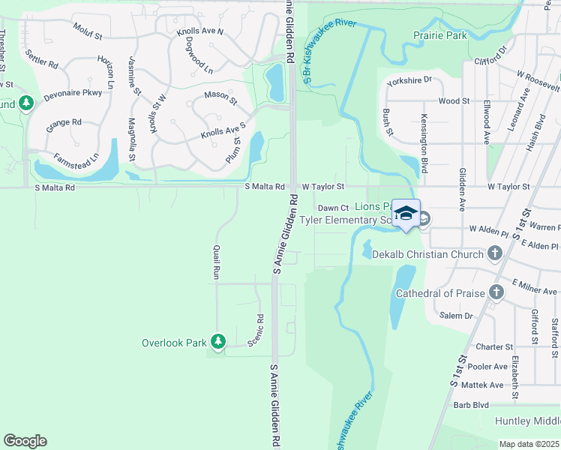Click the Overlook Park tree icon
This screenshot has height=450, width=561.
[218, 342]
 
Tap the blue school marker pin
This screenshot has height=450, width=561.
[406, 214]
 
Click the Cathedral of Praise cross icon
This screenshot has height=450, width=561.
[496, 292]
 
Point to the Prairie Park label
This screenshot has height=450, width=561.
[440, 35]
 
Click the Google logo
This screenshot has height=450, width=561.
[25, 441]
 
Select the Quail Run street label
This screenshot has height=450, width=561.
[216, 262]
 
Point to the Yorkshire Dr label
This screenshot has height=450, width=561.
[408, 79]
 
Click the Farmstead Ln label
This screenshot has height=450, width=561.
[76, 160]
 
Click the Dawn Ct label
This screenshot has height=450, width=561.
[333, 208]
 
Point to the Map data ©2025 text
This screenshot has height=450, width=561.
[529, 444]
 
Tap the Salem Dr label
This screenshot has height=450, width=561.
[457, 316]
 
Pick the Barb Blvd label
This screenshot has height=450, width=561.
[471, 405]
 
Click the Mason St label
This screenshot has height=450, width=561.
[220, 96]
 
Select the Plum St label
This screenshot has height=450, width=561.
[233, 148]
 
